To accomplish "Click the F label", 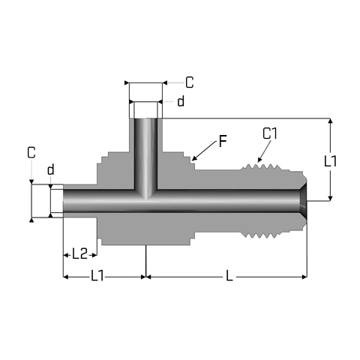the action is tap(223, 141).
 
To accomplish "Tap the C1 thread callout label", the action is tap(270, 133).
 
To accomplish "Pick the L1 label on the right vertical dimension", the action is tap(330, 160).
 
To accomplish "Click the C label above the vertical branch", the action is tap(190, 82).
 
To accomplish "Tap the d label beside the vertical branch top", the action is tap(181, 101).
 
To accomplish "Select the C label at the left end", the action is tap(31, 152).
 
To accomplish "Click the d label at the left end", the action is tap(51, 169).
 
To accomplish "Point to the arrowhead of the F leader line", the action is tap(193, 158).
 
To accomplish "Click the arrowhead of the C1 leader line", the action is tap(259, 160).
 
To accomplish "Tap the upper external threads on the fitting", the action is tap(260, 167).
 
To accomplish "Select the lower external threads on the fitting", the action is tap(260, 235).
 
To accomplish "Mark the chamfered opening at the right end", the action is tap(303, 201).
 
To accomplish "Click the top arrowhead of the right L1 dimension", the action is tap(330, 121).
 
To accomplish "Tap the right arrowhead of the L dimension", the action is tap(304, 277).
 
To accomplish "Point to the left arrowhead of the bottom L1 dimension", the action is tap(65, 277).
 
